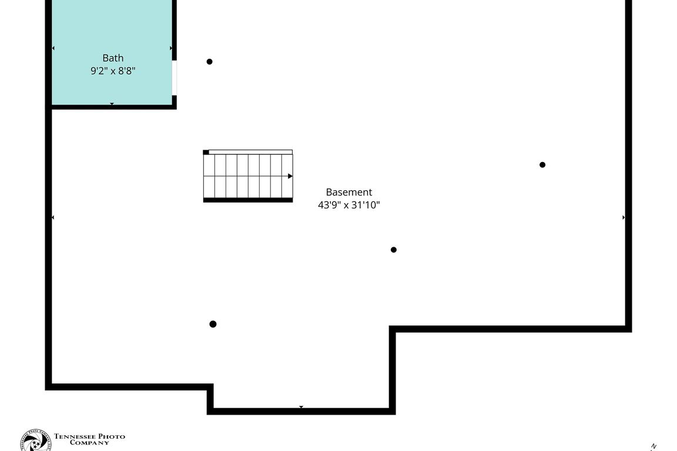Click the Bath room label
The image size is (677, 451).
[x=113, y=58]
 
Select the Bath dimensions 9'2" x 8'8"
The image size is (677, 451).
[x=113, y=71]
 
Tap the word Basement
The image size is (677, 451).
[x=349, y=192]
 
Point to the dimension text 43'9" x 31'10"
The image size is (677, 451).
[x=349, y=205]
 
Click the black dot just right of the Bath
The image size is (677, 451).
[x=209, y=62]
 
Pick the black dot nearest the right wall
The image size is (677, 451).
[x=542, y=165]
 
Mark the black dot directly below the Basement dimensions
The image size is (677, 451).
[x=394, y=250]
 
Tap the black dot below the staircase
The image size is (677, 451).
[x=213, y=324]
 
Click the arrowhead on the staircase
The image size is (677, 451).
[x=290, y=176]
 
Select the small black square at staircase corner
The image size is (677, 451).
[x=206, y=153]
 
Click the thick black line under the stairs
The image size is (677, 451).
[x=248, y=200]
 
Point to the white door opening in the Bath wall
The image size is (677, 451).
[x=175, y=77]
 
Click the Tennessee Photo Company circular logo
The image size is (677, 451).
[x=35, y=441]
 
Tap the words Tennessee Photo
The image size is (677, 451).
[x=89, y=436]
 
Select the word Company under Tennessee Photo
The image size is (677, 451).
[x=89, y=443]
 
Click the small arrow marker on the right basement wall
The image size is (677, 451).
[x=624, y=217]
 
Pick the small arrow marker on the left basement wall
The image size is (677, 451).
[x=53, y=217]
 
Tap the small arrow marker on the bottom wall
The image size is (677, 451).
[x=301, y=407]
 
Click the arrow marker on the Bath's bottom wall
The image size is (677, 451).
[x=112, y=104]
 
